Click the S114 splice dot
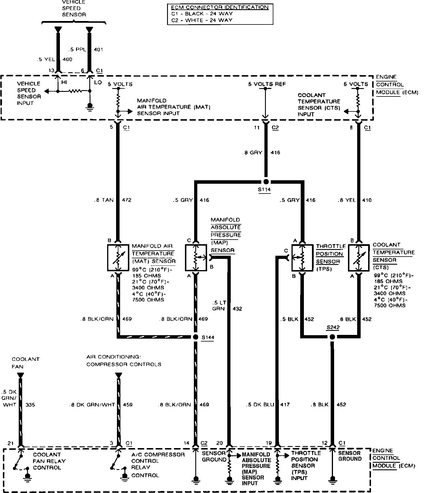click(x=266, y=182)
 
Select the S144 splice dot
click(x=196, y=337)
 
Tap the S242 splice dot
click(x=332, y=337)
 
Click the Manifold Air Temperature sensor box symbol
click(x=118, y=258)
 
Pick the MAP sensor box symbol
click(x=196, y=258)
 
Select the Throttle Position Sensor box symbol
click(x=302, y=258)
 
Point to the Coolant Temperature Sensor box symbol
click(x=359, y=258)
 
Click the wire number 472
click(x=127, y=200)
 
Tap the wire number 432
click(x=237, y=309)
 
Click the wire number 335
click(x=30, y=405)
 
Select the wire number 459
click(x=128, y=405)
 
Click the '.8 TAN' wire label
click(x=104, y=200)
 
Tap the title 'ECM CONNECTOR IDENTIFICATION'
click(x=220, y=7)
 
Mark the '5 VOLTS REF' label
click(x=267, y=84)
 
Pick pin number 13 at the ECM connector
click(x=51, y=71)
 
